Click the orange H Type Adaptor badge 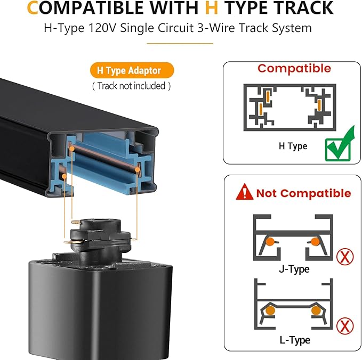[132, 70]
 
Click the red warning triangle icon [245, 192]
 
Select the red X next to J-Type [345, 257]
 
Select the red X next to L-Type [345, 325]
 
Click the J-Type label [294, 269]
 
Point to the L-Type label [295, 340]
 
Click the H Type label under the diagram [293, 146]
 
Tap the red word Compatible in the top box [294, 69]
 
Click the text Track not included [132, 86]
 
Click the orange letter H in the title [212, 8]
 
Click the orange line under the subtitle [180, 43]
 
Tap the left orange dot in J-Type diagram [270, 241]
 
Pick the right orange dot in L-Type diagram [316, 310]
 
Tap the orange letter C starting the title [33, 8]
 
